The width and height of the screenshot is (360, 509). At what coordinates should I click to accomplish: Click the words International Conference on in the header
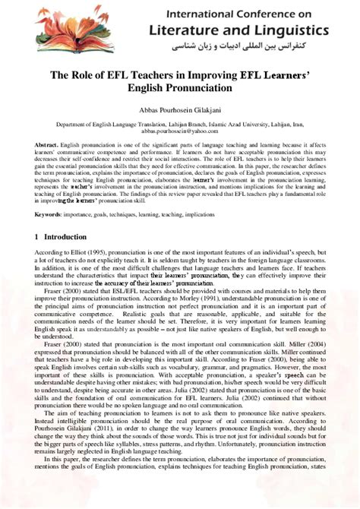coord(258,13)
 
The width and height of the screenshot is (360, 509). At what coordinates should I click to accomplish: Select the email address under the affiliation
coord(179,131)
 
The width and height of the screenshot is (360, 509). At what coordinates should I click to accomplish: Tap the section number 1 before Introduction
coord(36,237)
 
